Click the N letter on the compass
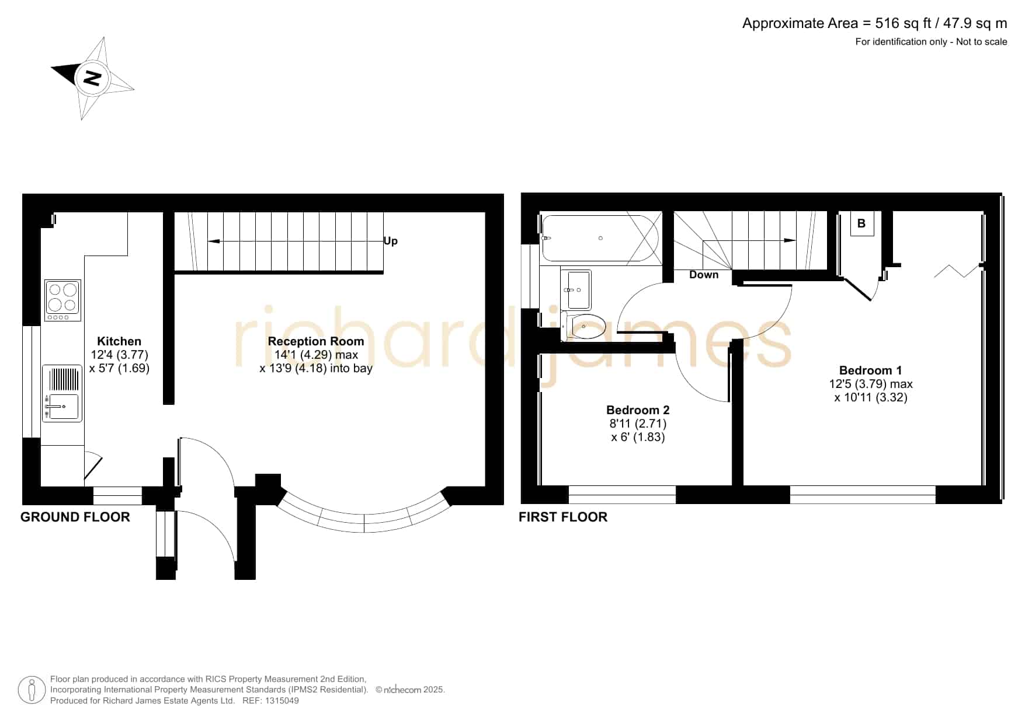pyautogui.click(x=92, y=78)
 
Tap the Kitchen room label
pyautogui.click(x=119, y=341)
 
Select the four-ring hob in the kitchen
pyautogui.click(x=62, y=300)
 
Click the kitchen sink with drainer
pyautogui.click(x=62, y=393)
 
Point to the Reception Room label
pyautogui.click(x=316, y=341)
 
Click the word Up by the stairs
pyautogui.click(x=391, y=241)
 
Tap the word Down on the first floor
pyautogui.click(x=704, y=275)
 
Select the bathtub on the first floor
pyautogui.click(x=600, y=238)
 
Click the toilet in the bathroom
pyautogui.click(x=583, y=327)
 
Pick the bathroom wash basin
pyautogui.click(x=576, y=289)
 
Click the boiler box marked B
pyautogui.click(x=861, y=223)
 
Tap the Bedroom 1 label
pyautogui.click(x=870, y=370)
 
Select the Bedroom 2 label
pyautogui.click(x=638, y=410)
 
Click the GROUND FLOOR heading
pyautogui.click(x=75, y=517)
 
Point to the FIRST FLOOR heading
pyautogui.click(x=563, y=517)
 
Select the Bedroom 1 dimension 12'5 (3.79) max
pyautogui.click(x=871, y=384)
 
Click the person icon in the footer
pyautogui.click(x=32, y=690)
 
